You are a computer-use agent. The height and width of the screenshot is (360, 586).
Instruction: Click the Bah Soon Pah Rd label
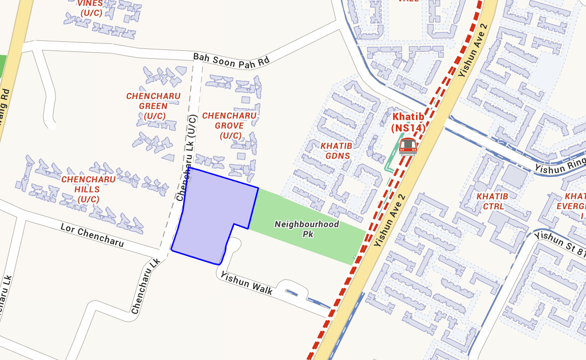click(231, 59)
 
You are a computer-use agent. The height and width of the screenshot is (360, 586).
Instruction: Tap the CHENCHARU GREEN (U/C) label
click(153, 106)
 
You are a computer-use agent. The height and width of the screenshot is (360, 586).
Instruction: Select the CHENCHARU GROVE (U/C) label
click(229, 126)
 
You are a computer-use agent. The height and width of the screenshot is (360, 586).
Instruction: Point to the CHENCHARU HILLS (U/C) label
click(88, 189)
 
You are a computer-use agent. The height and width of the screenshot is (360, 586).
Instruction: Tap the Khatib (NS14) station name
click(408, 122)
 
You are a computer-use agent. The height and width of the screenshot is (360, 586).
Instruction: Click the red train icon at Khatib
click(407, 147)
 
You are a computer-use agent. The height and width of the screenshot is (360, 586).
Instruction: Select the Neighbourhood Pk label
click(307, 229)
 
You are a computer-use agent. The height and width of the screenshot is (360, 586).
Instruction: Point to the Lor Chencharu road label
click(92, 235)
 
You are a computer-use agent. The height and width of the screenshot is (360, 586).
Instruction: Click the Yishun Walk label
click(247, 283)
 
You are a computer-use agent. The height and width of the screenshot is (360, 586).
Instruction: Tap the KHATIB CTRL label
click(492, 201)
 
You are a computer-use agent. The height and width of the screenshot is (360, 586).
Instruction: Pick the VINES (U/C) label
click(90, 8)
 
